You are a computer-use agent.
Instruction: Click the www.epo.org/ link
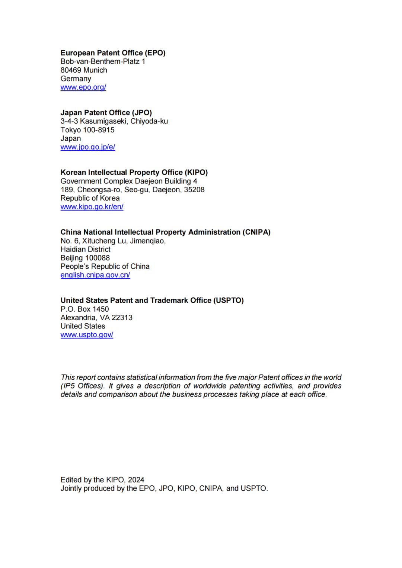83,87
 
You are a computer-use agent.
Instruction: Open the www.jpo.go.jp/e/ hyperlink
88,147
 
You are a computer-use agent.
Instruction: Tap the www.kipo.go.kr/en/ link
92,207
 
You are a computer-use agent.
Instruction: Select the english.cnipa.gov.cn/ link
95,275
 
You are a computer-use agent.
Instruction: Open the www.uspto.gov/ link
87,335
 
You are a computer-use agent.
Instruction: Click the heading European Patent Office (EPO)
113,53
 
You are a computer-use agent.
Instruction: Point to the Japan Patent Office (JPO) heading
106,113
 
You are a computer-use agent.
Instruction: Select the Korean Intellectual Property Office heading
134,173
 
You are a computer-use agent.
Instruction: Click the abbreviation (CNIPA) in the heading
256,232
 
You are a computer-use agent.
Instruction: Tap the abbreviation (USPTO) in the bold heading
228,300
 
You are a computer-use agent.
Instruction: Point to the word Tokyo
71,130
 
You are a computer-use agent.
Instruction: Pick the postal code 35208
194,190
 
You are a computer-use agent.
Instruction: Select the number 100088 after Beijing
98,258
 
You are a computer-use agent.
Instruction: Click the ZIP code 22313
122,318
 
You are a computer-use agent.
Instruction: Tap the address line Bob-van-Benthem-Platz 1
103,62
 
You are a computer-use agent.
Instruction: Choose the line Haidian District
86,249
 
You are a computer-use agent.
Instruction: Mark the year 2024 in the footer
136,480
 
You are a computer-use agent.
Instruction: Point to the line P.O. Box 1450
85,309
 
